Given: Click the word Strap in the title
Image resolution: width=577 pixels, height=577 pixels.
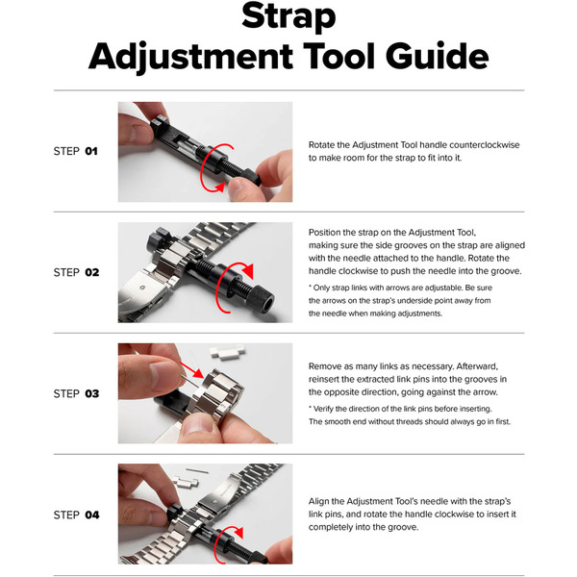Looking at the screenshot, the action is coord(288,16).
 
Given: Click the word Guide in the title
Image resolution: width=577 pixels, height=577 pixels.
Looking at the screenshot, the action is coord(438,56).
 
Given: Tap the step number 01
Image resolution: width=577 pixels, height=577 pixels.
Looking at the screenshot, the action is coord(91,151).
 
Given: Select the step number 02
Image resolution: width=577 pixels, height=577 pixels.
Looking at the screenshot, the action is coord(92,272).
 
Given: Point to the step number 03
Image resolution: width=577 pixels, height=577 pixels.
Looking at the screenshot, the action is coord(92,393).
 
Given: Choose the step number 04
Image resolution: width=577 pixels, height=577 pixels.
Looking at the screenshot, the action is coord(92,514).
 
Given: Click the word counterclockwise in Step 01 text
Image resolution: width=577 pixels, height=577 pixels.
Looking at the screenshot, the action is coord(485,144).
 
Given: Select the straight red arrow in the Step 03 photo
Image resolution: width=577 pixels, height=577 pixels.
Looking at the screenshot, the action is coord(191,370).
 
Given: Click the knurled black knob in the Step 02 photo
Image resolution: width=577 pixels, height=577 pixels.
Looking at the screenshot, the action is coord(262,298).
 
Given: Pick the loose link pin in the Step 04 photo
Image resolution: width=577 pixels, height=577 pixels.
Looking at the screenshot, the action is coord(197,470).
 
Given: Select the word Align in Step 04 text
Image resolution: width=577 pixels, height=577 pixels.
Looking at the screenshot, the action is coord(318,502).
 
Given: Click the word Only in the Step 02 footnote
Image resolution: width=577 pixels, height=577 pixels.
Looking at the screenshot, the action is coord(321,288).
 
